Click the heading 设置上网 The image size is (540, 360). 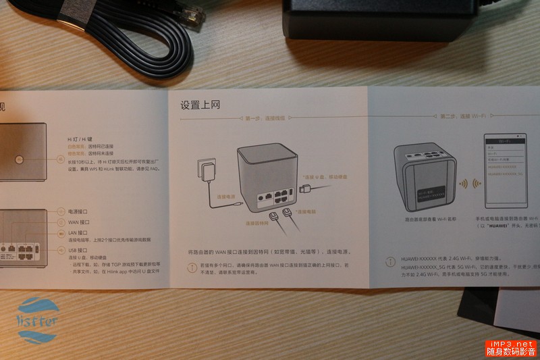click(x=200, y=105)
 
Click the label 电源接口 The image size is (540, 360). click(x=79, y=211)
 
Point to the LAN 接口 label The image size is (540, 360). click(x=78, y=232)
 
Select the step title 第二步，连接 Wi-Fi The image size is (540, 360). click(x=463, y=117)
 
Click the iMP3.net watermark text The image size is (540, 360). click(x=511, y=344)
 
